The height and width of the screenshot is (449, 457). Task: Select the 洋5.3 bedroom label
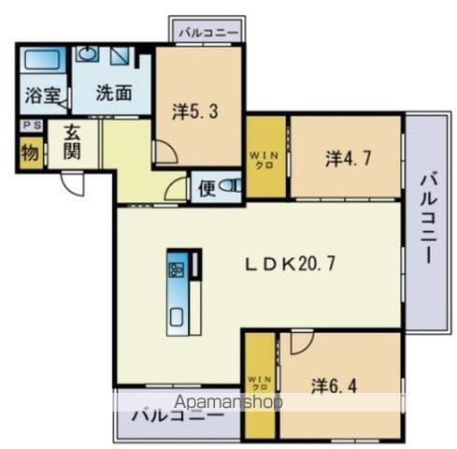[194, 109]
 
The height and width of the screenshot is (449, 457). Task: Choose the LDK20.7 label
[290, 264]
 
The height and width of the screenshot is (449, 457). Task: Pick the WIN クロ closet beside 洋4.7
[265, 157]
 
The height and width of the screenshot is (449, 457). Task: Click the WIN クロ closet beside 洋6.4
[258, 384]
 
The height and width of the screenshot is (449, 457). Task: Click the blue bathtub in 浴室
[42, 61]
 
